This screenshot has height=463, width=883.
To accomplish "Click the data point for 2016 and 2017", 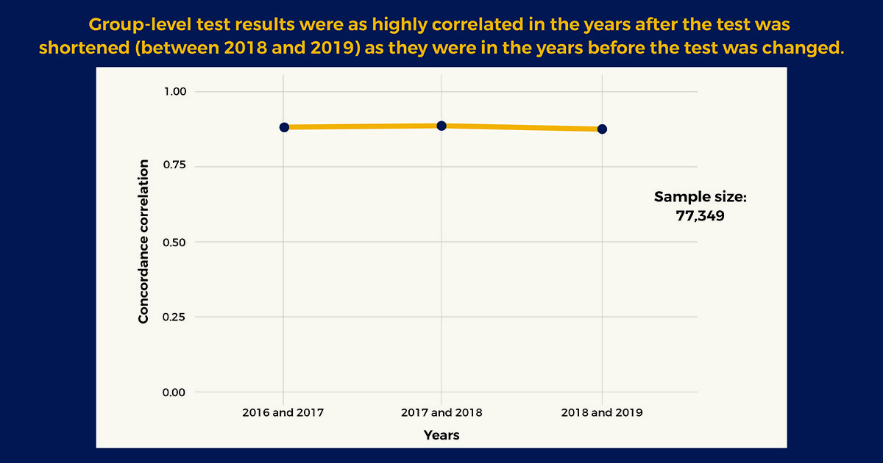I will click(x=284, y=127).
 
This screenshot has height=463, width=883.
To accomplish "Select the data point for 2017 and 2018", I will click(x=441, y=126).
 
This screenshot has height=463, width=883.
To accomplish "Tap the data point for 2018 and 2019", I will click(x=602, y=129).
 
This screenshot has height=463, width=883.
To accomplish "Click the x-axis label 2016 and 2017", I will click(x=283, y=412).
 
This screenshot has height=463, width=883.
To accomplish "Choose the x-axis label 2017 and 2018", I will click(x=441, y=412).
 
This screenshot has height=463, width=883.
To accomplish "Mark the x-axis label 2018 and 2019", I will click(x=602, y=412).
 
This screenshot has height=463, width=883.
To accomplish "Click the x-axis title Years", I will click(x=441, y=435).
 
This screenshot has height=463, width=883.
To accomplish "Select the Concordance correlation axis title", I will click(x=144, y=241).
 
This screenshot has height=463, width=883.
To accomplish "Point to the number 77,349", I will click(x=701, y=217).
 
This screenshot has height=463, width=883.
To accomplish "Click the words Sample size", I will click(x=701, y=197).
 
